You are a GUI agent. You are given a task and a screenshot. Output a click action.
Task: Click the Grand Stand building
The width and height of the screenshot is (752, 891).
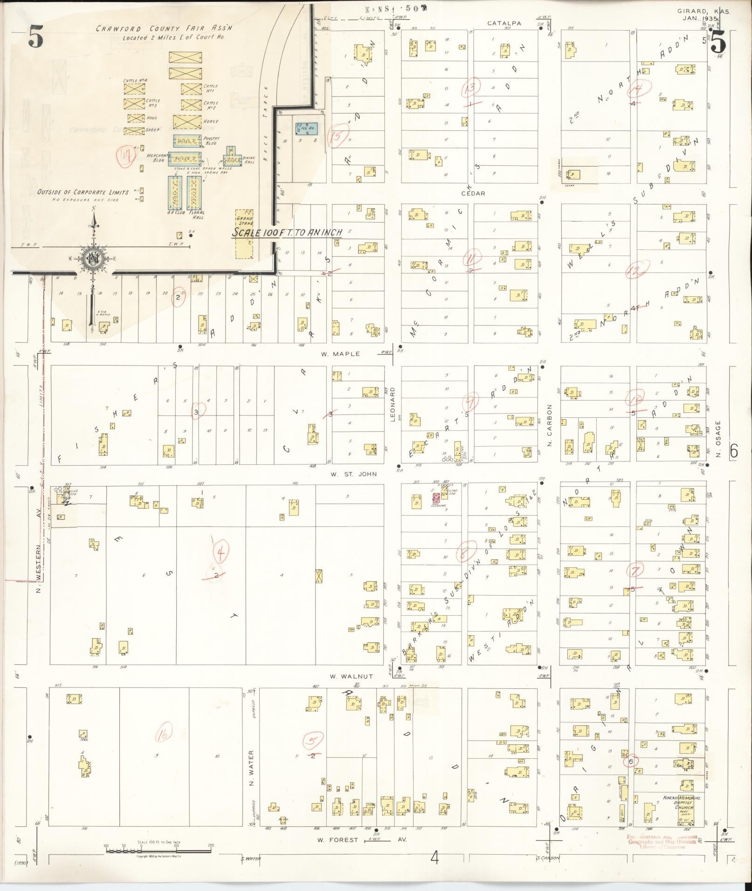(245, 234)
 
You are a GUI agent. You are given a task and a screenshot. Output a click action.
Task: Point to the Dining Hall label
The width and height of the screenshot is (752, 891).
(249, 160)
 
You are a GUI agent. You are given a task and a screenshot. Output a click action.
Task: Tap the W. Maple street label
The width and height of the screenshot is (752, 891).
(340, 354)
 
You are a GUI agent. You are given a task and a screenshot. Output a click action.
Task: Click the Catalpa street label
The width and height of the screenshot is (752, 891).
(504, 23)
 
